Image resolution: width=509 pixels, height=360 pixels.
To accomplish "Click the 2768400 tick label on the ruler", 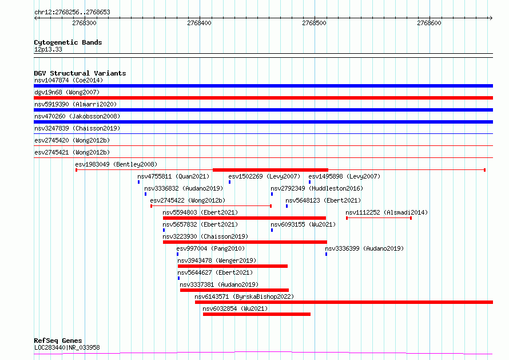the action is pos(200,23).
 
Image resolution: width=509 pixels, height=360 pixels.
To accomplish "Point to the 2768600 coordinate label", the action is pos(429,23).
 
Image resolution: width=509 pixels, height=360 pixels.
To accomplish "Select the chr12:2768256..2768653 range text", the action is pos(73,13).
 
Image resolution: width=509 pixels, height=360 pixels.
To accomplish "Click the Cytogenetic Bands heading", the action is pos(68,42).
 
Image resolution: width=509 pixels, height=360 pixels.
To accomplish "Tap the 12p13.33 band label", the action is pos(48,49).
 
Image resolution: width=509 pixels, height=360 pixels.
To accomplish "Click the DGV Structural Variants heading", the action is pos(80,73).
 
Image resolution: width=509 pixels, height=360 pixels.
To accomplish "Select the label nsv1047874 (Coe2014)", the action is pos(69,80).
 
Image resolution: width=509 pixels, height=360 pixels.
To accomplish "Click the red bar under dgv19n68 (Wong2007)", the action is pos(263,98).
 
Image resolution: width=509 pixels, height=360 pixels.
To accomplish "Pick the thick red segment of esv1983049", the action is pos(271,170).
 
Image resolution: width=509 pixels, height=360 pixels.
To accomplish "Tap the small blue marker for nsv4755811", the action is pos(138,182).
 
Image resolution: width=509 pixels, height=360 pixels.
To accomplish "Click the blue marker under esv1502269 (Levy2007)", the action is pos(229,182).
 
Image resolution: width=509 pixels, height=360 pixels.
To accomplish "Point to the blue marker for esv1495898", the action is pos(309,182).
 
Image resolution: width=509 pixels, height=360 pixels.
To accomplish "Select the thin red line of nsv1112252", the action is pos(379,218).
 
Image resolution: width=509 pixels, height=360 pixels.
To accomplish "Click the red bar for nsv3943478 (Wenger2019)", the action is pos(232,266).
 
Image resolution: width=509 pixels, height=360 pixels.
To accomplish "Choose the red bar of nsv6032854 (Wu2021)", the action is pos(257,314).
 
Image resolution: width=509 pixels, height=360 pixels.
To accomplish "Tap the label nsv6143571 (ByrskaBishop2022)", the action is pos(244,296).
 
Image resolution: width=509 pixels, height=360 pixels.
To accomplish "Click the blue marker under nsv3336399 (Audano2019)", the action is pos(326,254).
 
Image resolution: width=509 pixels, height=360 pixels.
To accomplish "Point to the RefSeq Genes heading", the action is pos(58,341).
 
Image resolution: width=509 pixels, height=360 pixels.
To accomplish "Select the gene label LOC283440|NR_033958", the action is pos(67,347).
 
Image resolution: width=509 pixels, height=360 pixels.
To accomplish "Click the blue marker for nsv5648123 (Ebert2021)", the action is pos(287,206).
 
